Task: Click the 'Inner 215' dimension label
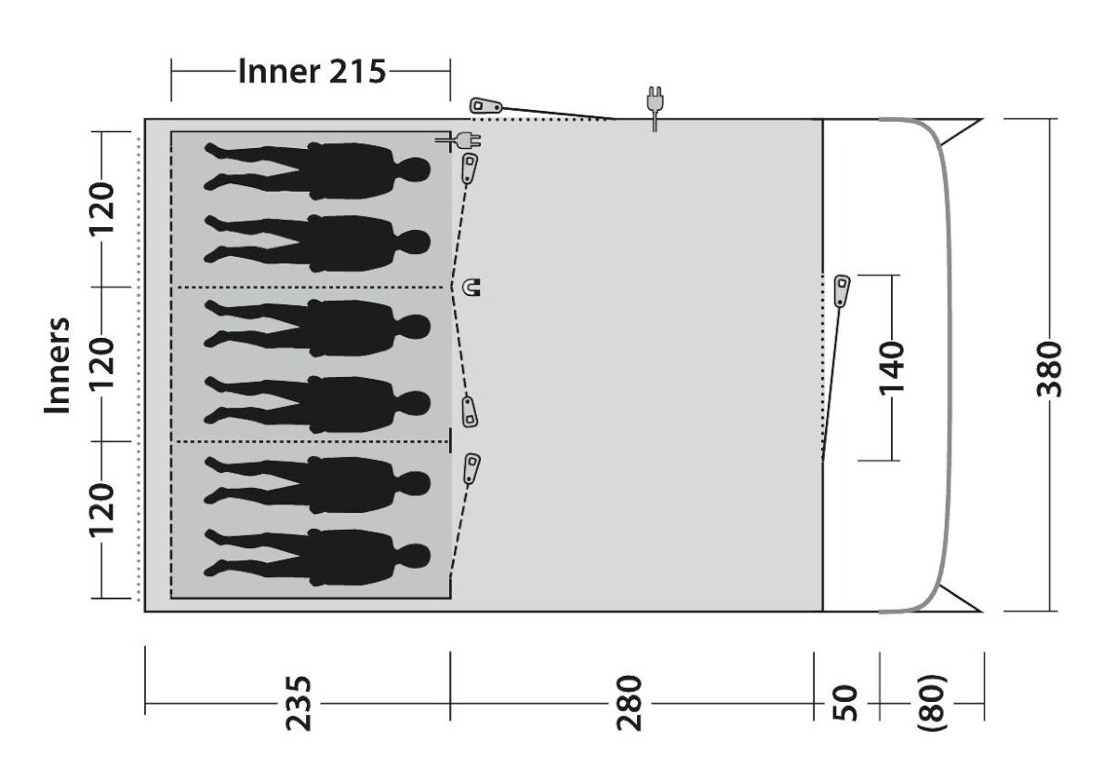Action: [312, 72]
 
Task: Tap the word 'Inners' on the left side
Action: [58, 365]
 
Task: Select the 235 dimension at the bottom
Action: [298, 703]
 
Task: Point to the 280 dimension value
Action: [629, 703]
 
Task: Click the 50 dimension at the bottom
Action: [845, 703]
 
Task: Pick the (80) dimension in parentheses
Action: [931, 703]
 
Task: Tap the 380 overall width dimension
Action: [1049, 369]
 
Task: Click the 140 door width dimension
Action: [891, 368]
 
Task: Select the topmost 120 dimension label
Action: [101, 209]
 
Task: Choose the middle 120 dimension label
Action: [101, 364]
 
